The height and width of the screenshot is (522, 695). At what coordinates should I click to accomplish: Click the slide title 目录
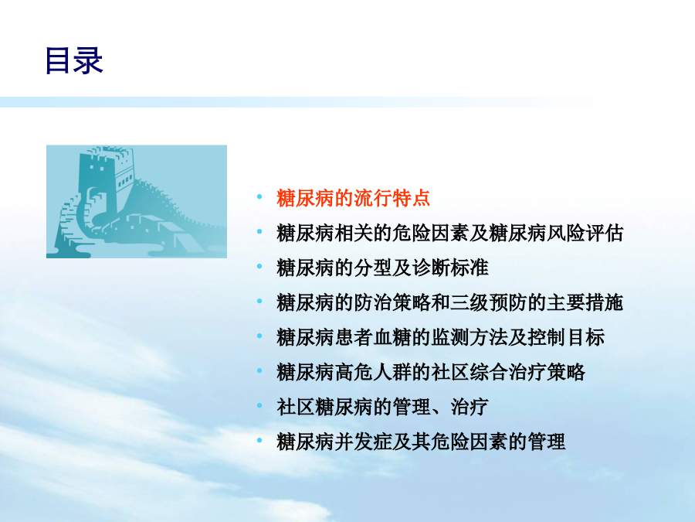[x=74, y=60]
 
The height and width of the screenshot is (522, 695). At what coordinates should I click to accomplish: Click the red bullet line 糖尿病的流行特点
[x=353, y=198]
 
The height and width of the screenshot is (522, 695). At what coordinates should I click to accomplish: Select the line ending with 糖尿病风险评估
[x=449, y=233]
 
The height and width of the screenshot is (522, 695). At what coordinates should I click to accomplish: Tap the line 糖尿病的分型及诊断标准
[x=382, y=268]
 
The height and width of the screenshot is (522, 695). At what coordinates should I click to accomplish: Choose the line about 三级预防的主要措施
[x=449, y=302]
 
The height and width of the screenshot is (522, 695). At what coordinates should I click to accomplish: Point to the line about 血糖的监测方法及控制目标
[x=440, y=337]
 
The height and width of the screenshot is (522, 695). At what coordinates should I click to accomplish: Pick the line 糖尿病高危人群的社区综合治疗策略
[x=430, y=372]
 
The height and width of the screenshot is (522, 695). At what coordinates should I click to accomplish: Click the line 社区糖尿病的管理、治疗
[x=382, y=407]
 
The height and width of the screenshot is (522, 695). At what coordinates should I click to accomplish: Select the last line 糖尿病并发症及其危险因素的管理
[x=421, y=442]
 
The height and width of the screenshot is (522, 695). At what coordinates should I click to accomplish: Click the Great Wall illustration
[x=137, y=202]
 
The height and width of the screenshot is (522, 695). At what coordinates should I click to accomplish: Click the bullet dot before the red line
[x=259, y=196]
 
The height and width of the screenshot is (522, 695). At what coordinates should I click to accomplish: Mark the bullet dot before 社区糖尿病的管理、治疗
[x=259, y=405]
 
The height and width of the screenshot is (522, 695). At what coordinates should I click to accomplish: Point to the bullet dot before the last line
[x=259, y=440]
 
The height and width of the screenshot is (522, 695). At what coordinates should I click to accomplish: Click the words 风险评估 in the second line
[x=585, y=233]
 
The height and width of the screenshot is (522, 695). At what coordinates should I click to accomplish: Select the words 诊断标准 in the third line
[x=450, y=268]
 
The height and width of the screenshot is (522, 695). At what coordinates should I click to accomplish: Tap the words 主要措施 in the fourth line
[x=585, y=302]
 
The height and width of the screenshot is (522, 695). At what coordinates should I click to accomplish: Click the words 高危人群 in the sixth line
[x=373, y=372]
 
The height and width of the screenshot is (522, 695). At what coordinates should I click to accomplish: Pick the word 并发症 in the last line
[x=363, y=442]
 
